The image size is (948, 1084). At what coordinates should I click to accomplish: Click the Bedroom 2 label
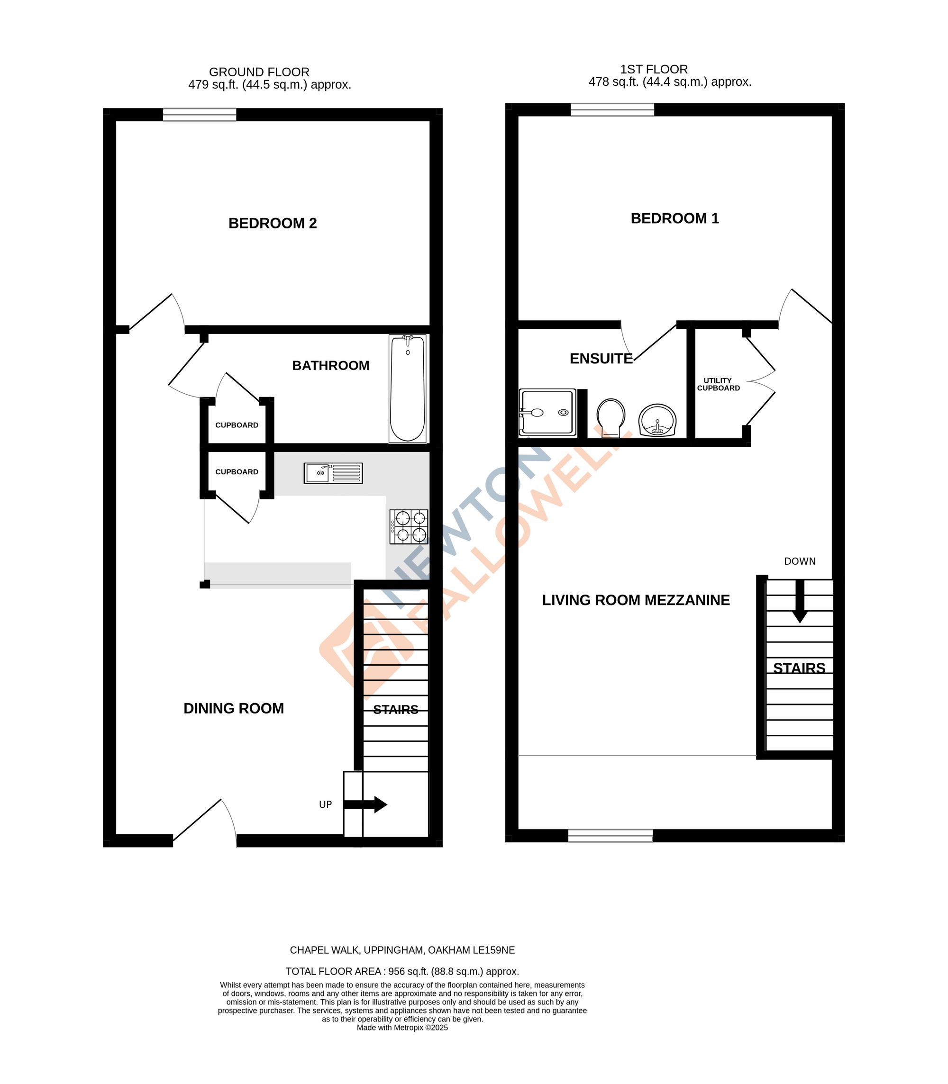pyautogui.click(x=273, y=223)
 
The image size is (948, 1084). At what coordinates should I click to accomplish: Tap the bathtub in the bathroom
pyautogui.click(x=407, y=388)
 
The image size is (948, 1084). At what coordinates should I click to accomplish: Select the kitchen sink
pyautogui.click(x=333, y=473)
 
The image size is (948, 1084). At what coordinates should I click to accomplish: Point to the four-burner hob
pyautogui.click(x=409, y=526)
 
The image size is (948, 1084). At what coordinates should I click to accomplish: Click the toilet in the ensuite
pyautogui.click(x=611, y=416)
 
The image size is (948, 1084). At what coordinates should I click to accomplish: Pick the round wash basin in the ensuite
pyautogui.click(x=657, y=420)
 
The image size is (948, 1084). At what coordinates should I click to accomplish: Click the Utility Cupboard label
pyautogui.click(x=718, y=384)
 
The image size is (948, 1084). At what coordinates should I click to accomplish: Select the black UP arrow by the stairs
pyautogui.click(x=365, y=804)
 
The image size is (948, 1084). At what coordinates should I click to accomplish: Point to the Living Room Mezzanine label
pyautogui.click(x=636, y=600)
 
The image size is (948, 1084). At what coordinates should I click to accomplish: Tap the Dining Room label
pyautogui.click(x=233, y=709)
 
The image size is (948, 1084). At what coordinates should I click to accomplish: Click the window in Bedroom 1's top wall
pyautogui.click(x=612, y=109)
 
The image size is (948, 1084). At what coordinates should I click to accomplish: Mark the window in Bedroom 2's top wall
pyautogui.click(x=200, y=114)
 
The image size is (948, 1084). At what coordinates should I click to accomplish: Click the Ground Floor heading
pyautogui.click(x=259, y=72)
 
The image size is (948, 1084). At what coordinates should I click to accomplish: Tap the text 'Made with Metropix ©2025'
pyautogui.click(x=402, y=1028)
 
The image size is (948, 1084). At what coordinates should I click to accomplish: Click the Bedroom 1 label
pyautogui.click(x=675, y=218)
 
